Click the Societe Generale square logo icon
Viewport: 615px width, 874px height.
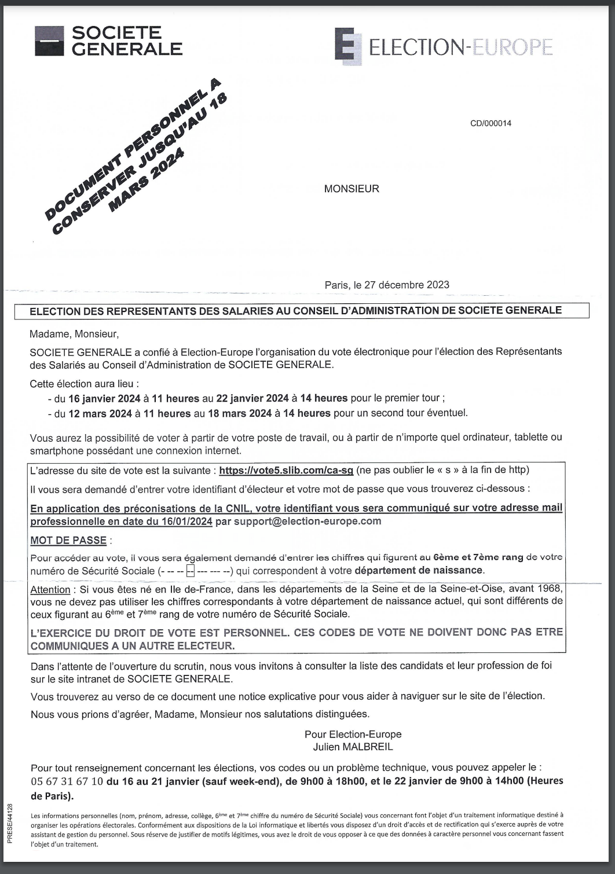pos(49,41)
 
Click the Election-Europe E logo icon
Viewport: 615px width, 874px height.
pos(348,46)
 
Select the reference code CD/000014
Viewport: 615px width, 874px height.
pos(490,123)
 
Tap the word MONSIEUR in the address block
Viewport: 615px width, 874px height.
pos(352,189)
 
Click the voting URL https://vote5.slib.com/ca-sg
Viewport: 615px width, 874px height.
pos(286,471)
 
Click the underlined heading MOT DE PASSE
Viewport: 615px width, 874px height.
pos(68,541)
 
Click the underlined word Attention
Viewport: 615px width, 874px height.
pos(50,589)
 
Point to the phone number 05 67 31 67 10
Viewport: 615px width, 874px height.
pos(67,781)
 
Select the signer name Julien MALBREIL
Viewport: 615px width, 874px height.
pos(353,747)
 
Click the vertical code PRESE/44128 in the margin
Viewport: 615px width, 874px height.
pos(10,822)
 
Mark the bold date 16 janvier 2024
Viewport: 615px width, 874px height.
pos(105,398)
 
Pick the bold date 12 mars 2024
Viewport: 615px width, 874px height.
pos(100,413)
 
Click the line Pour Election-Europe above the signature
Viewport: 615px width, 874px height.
pos(353,734)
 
